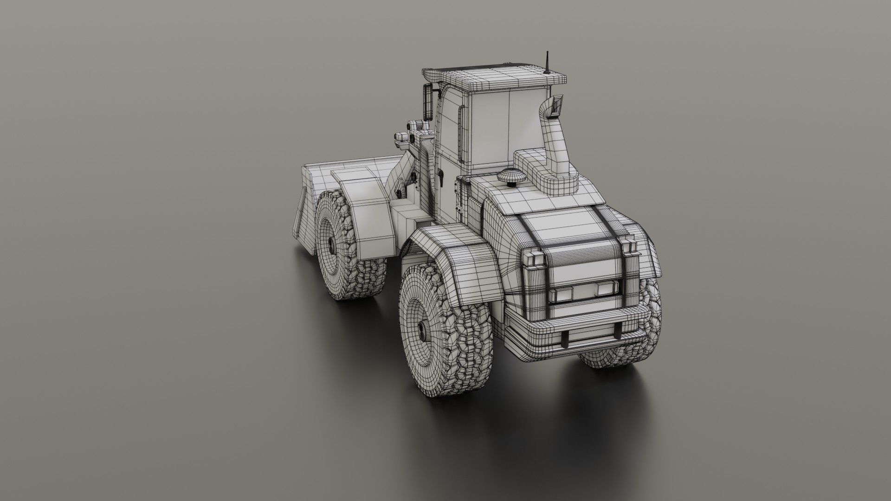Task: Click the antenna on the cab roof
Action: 548,62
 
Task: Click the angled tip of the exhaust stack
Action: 556,105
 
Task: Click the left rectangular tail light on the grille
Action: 563,292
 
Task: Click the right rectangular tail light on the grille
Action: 602,289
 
